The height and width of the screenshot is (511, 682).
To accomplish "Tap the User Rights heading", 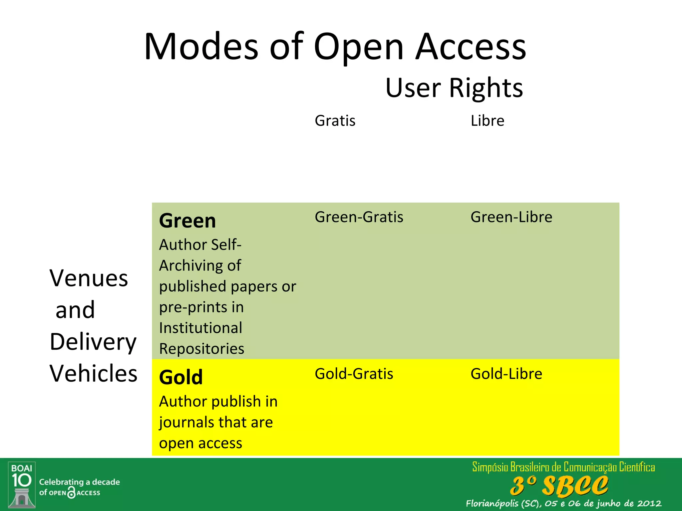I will click(x=454, y=88).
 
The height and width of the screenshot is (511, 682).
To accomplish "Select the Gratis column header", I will click(x=335, y=121).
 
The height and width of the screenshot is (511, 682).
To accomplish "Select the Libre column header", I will click(x=487, y=121).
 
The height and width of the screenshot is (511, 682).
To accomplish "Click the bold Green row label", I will click(x=187, y=221).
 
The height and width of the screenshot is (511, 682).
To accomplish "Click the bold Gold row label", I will click(x=181, y=377).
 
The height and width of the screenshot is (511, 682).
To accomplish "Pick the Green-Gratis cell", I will click(x=359, y=217).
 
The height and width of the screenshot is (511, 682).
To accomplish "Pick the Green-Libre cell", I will click(x=511, y=217).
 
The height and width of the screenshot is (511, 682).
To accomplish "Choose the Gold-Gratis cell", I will click(x=354, y=374).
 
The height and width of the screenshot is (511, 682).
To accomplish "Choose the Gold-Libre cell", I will click(x=506, y=374).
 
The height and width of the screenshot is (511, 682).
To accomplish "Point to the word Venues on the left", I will click(x=89, y=278).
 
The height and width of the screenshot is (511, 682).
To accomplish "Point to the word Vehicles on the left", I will click(x=94, y=374).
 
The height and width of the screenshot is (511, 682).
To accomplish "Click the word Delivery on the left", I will click(x=93, y=342).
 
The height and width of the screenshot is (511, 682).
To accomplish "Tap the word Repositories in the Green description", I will click(x=201, y=349).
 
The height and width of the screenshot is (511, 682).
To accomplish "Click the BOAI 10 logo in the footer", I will click(x=22, y=485).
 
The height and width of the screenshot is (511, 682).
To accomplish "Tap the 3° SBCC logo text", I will click(x=559, y=486).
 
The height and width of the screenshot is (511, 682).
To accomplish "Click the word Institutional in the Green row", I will click(x=200, y=328).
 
